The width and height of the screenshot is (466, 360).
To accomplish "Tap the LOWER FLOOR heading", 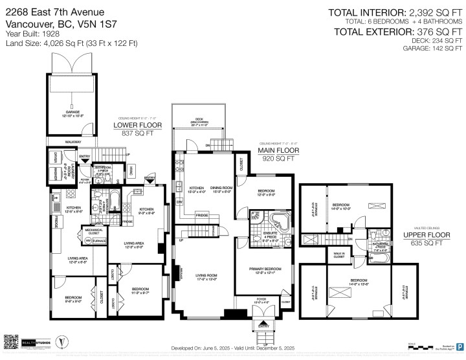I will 137,125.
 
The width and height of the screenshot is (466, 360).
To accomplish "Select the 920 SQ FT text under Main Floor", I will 276,157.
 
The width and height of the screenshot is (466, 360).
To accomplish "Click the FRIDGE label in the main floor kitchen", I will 202,214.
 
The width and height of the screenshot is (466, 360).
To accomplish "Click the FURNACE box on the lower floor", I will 99,240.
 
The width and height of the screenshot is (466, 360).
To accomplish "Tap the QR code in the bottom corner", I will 12,343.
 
